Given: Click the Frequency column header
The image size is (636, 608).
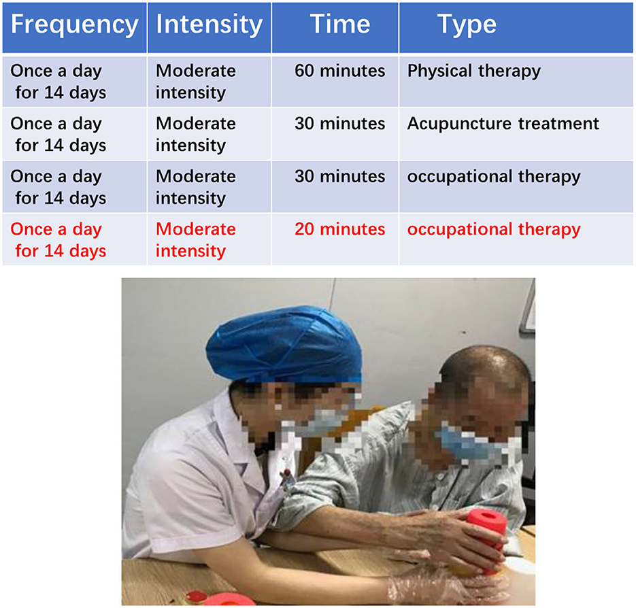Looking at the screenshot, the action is click(75, 24).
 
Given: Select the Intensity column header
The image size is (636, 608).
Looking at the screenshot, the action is click(210, 24).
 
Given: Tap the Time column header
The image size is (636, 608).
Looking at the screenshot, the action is click(340, 24).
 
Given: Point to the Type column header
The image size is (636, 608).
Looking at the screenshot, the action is click(467, 25).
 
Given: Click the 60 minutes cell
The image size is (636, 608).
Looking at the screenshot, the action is click(340, 71).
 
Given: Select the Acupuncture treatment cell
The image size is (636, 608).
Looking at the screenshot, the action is click(503, 124).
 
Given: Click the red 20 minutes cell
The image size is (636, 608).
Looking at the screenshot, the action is click(340, 229).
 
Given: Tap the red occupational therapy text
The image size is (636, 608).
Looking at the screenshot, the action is click(494, 230).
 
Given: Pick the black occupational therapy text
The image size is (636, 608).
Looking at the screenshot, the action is click(494, 178).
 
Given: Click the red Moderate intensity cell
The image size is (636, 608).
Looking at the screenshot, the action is click(196, 240).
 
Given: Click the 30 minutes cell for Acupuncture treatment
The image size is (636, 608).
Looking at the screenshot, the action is click(340, 124).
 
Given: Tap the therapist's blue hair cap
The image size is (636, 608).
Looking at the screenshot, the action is click(284, 344).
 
